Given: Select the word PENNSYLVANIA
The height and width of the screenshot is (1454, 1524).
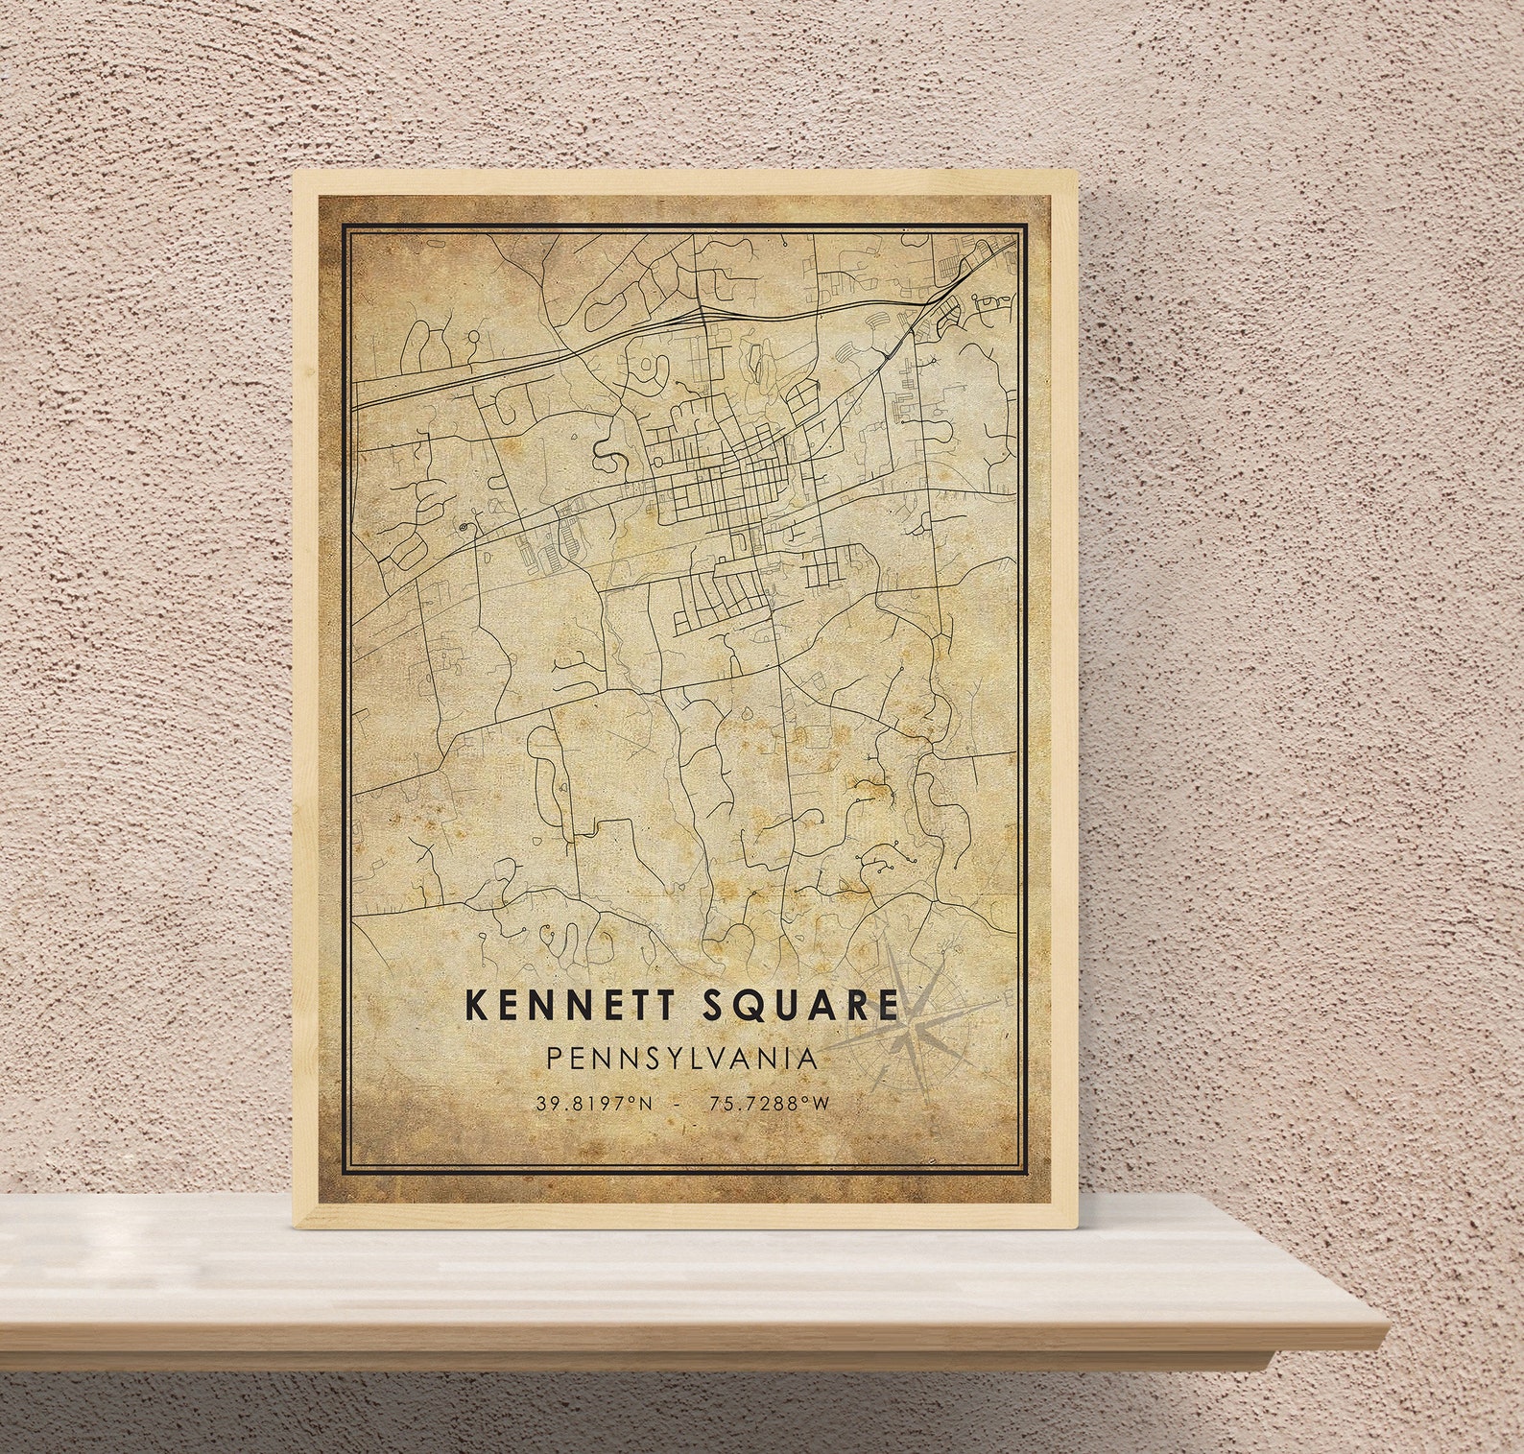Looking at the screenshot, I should click(x=682, y=1059).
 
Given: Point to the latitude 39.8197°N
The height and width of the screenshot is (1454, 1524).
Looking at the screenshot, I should click(x=595, y=1104).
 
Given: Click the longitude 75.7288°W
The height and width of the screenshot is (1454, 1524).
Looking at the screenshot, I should click(x=769, y=1104).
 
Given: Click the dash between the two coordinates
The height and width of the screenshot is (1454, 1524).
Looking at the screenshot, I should click(x=680, y=1104).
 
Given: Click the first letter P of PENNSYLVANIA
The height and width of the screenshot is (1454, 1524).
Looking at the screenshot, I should click(x=555, y=1059).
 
